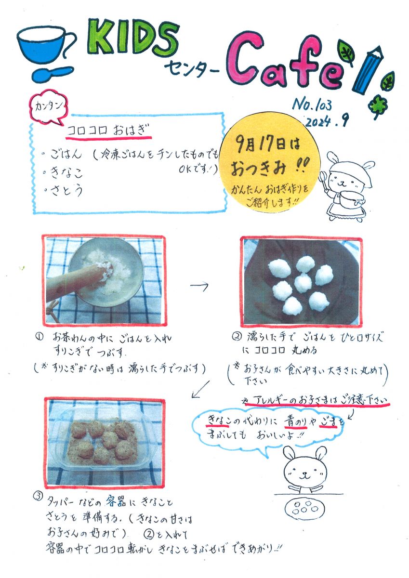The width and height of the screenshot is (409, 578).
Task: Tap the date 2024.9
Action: [327, 120]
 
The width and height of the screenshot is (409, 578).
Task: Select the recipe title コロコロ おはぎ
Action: [108, 131]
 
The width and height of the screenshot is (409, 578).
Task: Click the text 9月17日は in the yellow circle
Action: [268, 144]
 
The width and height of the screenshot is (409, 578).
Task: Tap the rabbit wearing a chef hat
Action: [346, 185]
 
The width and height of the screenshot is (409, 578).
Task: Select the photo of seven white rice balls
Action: [301, 281]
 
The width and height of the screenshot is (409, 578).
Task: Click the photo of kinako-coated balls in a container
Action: [105, 443]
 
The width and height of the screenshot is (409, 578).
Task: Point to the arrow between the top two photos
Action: [199, 285]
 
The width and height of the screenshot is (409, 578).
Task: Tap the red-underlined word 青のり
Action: [295, 421]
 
